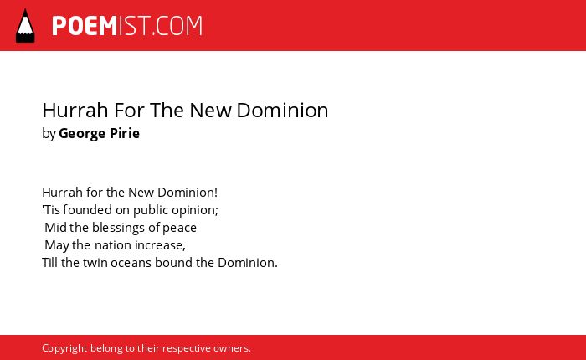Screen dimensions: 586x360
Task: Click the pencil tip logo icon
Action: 25,26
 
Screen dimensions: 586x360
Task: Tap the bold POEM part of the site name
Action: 85,26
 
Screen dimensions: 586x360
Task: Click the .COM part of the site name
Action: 177,26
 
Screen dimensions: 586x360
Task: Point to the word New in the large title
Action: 210,111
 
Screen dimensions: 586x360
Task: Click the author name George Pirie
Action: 99,133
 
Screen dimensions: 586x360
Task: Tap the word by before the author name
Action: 49,134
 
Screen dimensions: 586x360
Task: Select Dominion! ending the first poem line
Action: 188,193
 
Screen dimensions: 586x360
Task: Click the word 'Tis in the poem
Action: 51,209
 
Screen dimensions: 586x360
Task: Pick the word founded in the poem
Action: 87,209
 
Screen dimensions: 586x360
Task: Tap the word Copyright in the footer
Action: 64,349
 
